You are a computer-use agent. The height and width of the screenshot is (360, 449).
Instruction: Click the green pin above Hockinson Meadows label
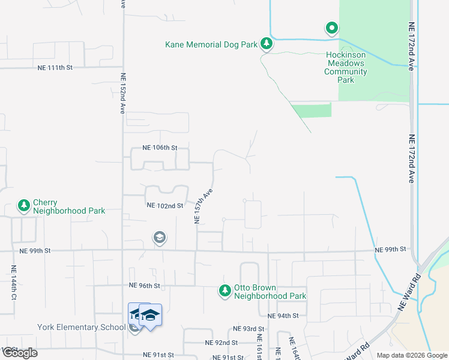(x=331, y=28)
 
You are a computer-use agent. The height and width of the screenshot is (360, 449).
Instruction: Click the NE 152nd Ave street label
(x=122, y=94)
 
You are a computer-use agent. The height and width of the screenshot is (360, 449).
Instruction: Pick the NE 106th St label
(x=160, y=148)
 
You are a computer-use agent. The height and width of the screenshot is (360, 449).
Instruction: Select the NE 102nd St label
(x=164, y=206)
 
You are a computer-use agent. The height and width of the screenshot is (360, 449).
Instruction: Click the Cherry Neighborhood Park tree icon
(x=24, y=206)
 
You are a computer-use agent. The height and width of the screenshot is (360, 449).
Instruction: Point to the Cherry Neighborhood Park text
(x=69, y=207)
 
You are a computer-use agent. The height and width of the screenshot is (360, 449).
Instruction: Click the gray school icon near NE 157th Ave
(x=159, y=238)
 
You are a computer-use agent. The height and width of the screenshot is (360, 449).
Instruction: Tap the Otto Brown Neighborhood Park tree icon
(x=224, y=291)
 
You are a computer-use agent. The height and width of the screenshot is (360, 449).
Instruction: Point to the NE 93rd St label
(x=249, y=329)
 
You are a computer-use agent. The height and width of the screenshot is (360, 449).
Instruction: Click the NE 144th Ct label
(x=14, y=283)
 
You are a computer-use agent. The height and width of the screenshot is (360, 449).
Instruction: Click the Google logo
(x=20, y=352)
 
